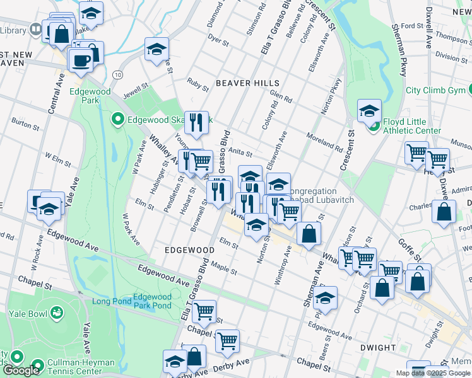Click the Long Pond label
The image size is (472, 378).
pos(112,301)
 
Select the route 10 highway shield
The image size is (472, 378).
pos(118,74)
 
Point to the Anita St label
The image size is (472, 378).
pos(240,152)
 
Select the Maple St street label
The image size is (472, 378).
pos(224,268)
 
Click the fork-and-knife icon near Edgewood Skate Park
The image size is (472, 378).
pos(198,122)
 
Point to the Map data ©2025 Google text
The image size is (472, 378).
pos(433,373)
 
